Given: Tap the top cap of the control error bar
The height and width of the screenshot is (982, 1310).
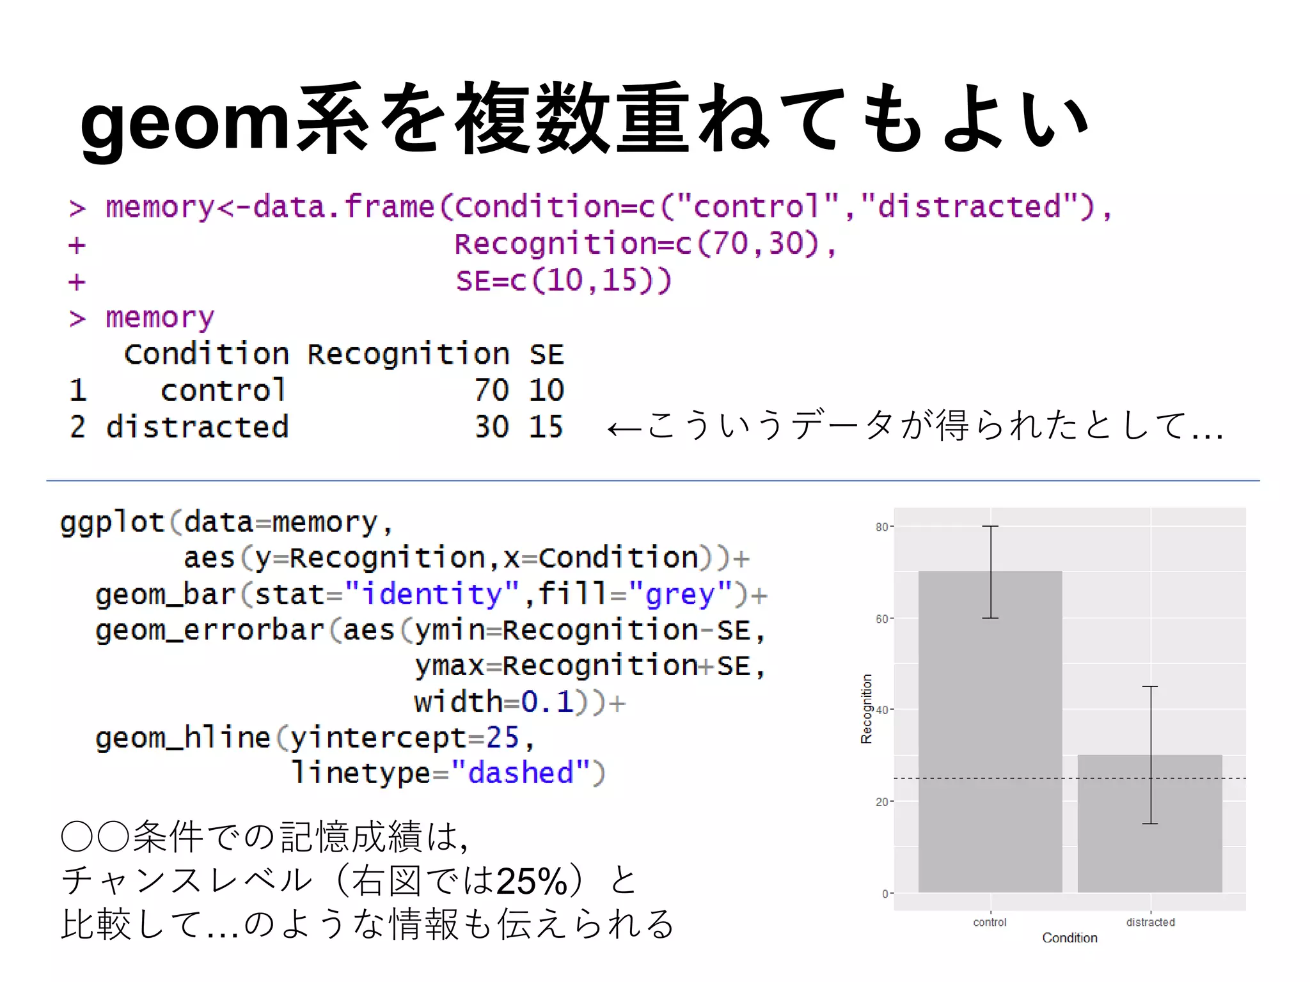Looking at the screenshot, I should click(x=990, y=526).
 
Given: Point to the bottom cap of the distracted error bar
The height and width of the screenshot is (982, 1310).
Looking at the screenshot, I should click(x=1150, y=823).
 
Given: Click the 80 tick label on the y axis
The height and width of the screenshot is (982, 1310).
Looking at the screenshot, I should click(x=881, y=527).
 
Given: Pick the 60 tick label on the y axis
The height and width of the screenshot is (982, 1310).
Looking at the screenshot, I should click(x=881, y=619).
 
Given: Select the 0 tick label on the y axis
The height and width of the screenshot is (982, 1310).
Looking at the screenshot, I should click(x=885, y=894).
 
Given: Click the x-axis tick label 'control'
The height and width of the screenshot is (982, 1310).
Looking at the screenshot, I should click(x=990, y=922).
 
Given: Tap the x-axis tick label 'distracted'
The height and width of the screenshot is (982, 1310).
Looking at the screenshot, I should click(x=1150, y=922).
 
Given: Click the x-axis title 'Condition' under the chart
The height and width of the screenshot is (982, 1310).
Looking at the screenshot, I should click(x=1069, y=938).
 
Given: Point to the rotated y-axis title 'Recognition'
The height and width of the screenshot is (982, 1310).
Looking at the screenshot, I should click(x=866, y=708).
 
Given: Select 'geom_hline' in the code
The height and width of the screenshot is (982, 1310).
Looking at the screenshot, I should click(x=183, y=738).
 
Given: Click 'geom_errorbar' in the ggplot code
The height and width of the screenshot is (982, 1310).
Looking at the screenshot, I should click(x=210, y=630).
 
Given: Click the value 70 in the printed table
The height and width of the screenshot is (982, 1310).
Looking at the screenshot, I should click(x=491, y=390).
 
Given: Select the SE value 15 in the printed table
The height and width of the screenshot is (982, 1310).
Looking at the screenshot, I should click(x=546, y=426).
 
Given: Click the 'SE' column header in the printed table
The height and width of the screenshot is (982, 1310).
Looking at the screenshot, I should click(x=546, y=354).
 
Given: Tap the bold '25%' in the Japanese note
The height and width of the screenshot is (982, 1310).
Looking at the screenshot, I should click(x=532, y=881).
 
